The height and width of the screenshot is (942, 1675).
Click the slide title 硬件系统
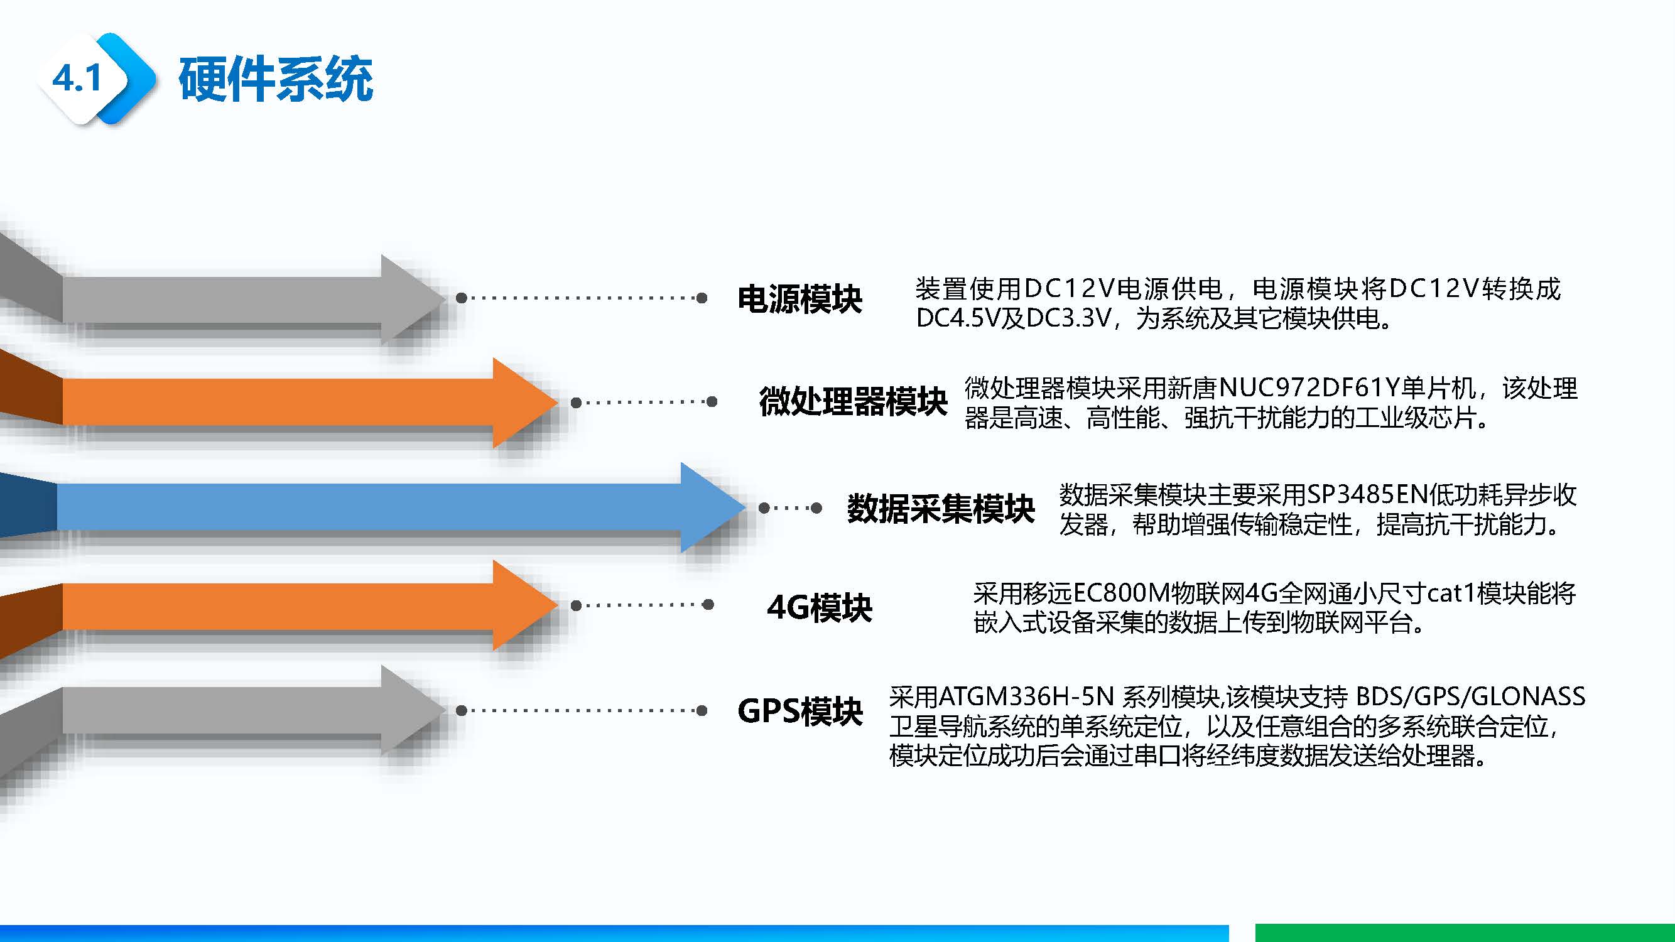276,79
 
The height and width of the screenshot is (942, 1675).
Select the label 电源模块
800,299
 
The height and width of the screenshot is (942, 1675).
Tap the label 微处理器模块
852,401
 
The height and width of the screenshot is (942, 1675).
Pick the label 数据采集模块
940,507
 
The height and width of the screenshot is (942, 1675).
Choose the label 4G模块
820,607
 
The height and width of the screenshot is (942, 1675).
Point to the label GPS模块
800,710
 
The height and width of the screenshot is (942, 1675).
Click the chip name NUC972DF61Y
1308,388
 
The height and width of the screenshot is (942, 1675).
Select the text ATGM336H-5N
1027,697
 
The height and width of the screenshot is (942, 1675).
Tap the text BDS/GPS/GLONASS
1470,697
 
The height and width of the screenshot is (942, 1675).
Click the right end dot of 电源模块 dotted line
702,298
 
